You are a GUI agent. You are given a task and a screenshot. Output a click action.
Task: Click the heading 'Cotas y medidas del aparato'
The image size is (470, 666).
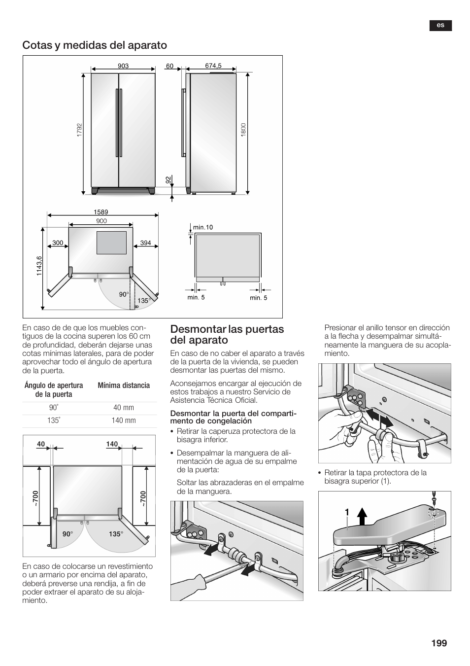[94, 45]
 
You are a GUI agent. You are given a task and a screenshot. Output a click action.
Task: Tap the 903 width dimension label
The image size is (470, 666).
[123, 66]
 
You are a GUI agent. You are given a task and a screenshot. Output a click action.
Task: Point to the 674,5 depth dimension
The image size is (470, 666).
[213, 66]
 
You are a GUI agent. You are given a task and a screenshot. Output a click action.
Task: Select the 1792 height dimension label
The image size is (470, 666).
[79, 130]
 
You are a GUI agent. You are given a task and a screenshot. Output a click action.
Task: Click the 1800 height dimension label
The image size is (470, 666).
[243, 130]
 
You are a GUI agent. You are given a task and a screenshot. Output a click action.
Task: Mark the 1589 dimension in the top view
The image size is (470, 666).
[101, 212]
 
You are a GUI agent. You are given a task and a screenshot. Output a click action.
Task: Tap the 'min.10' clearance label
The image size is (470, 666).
[203, 227]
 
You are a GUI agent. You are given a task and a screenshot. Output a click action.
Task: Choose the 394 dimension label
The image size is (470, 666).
[145, 243]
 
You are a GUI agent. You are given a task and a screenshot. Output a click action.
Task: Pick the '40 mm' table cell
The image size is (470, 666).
[123, 408]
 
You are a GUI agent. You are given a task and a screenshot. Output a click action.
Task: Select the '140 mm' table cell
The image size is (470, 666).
[123, 421]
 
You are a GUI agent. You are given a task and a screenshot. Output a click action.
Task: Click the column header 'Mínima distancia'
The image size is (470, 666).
[123, 386]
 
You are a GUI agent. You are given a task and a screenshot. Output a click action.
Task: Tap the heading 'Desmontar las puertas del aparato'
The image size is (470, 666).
[227, 334]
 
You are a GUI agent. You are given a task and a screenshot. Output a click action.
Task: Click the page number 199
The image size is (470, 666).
[438, 643]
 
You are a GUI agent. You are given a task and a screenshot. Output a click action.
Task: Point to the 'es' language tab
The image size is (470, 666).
[440, 26]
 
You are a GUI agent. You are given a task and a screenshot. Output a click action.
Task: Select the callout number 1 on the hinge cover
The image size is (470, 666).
[347, 513]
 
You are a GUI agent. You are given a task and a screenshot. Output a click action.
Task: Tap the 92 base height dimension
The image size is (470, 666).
[168, 180]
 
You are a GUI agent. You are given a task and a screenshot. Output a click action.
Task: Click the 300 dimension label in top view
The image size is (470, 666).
[58, 243]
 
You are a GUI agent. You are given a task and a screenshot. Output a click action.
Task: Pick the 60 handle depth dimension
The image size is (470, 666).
[170, 66]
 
